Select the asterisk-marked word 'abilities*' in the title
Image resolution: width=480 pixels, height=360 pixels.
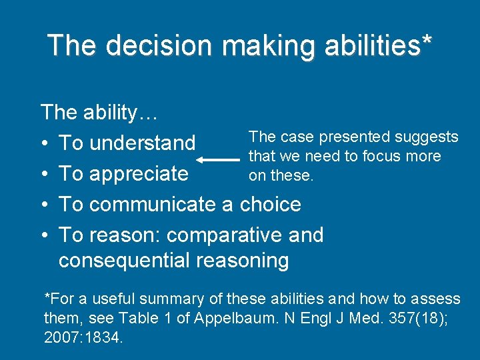(x=381, y=45)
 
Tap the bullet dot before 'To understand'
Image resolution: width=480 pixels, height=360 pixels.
(x=44, y=143)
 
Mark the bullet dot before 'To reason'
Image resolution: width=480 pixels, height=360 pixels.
(x=44, y=235)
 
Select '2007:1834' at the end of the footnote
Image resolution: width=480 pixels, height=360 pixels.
(x=83, y=337)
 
